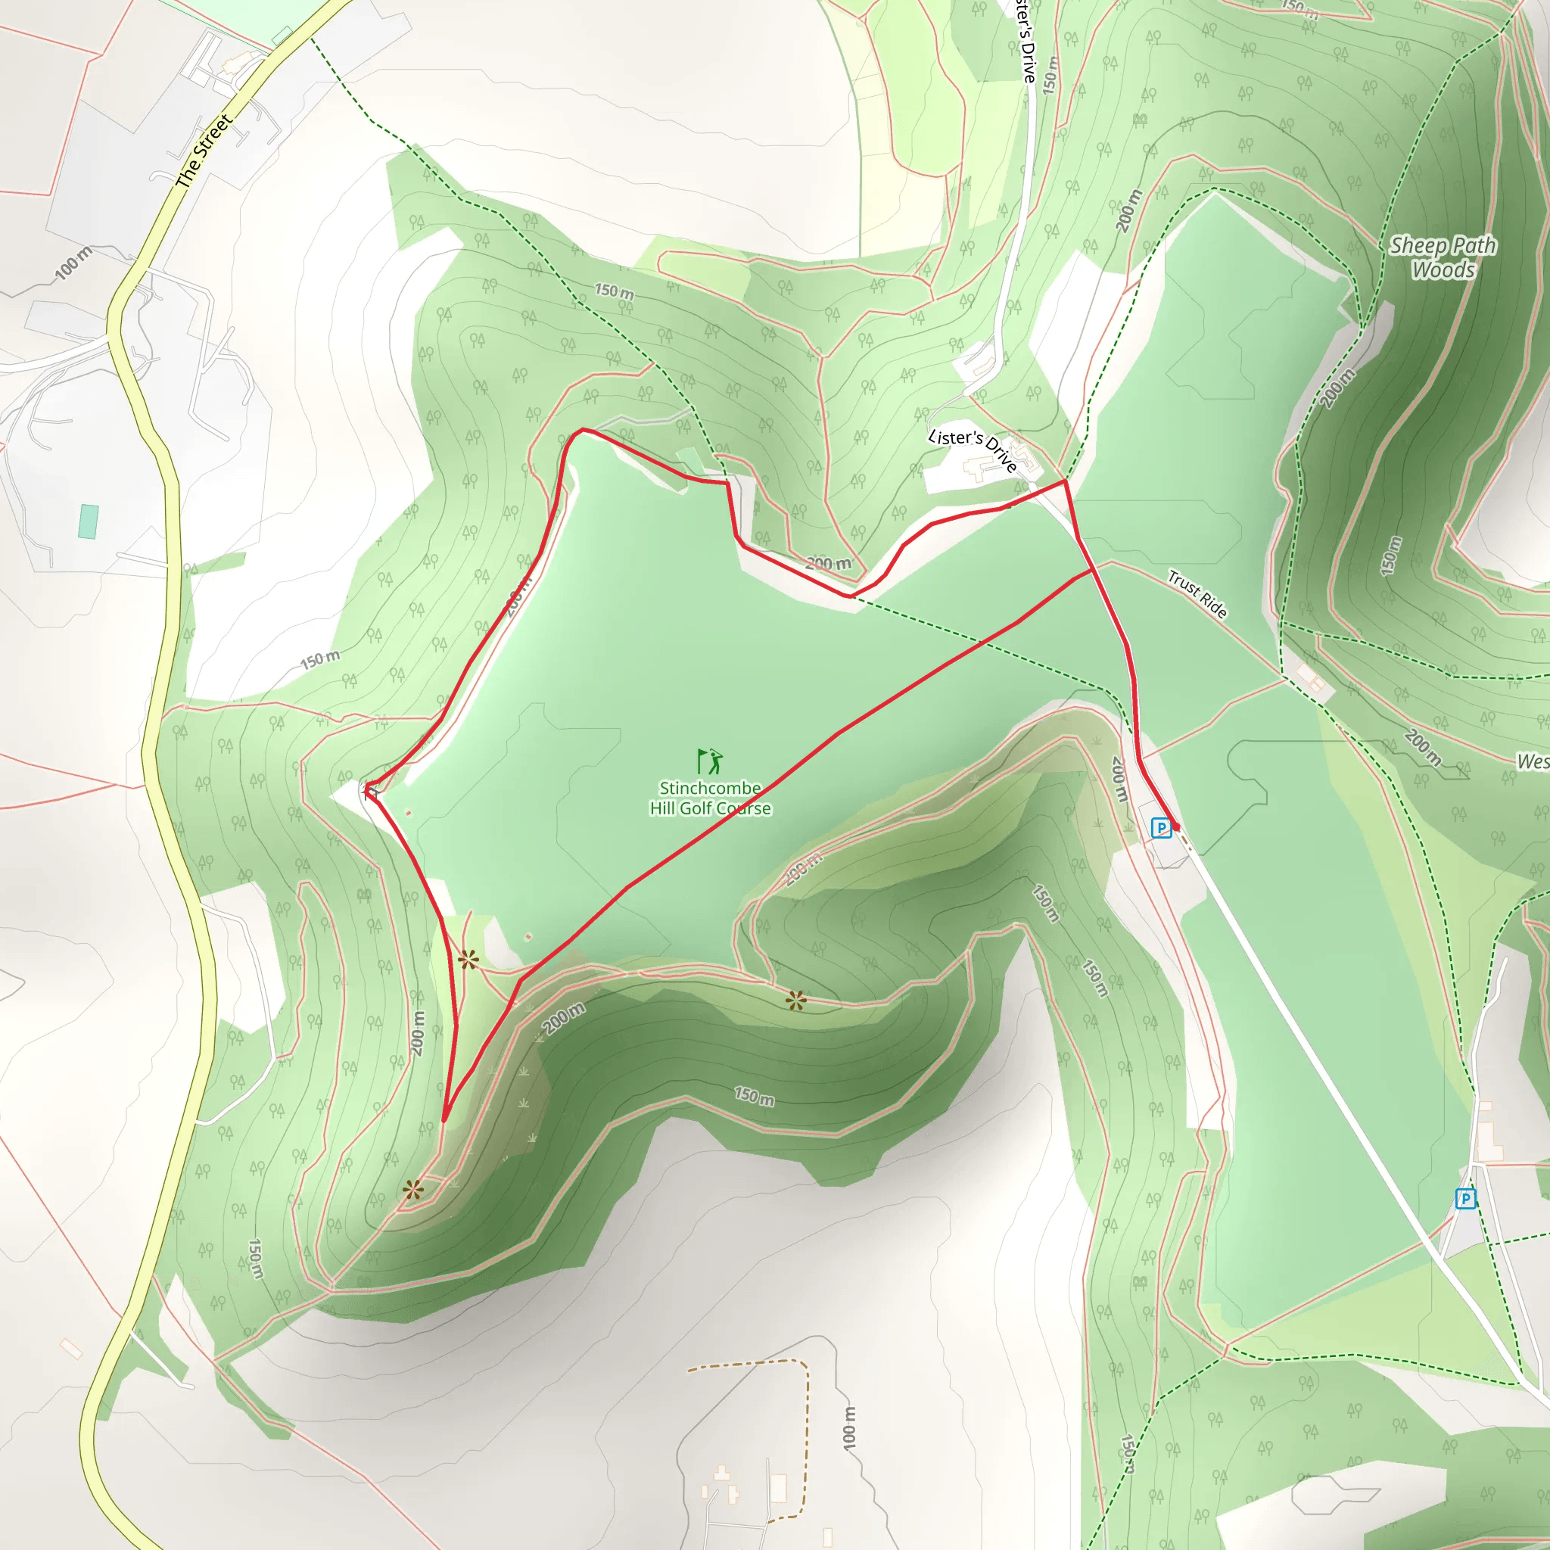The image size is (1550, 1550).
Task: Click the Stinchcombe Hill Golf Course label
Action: tap(710, 798)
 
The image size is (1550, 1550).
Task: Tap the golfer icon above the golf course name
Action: tap(710, 760)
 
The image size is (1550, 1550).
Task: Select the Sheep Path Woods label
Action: tap(1443, 257)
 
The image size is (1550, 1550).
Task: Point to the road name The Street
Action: tap(204, 151)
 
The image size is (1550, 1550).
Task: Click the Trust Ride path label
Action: tap(1197, 594)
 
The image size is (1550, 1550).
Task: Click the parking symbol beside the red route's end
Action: tap(1160, 827)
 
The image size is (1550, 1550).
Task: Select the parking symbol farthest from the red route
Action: tap(1466, 1199)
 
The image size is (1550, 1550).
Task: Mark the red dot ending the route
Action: tap(1176, 826)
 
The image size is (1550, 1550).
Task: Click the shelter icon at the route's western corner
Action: tap(371, 792)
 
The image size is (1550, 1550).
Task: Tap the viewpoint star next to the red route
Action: tap(468, 960)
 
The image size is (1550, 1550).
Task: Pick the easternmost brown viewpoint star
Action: tap(795, 1000)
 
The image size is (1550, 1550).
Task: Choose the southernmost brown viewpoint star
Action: tap(412, 1191)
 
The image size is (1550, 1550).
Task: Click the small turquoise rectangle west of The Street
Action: tap(89, 521)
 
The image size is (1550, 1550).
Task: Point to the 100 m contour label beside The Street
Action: tap(74, 263)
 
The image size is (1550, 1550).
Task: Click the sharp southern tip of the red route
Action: tap(444, 1120)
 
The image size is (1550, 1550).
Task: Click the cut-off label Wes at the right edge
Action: tap(1533, 761)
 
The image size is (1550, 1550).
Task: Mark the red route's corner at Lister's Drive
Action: tap(1064, 481)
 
